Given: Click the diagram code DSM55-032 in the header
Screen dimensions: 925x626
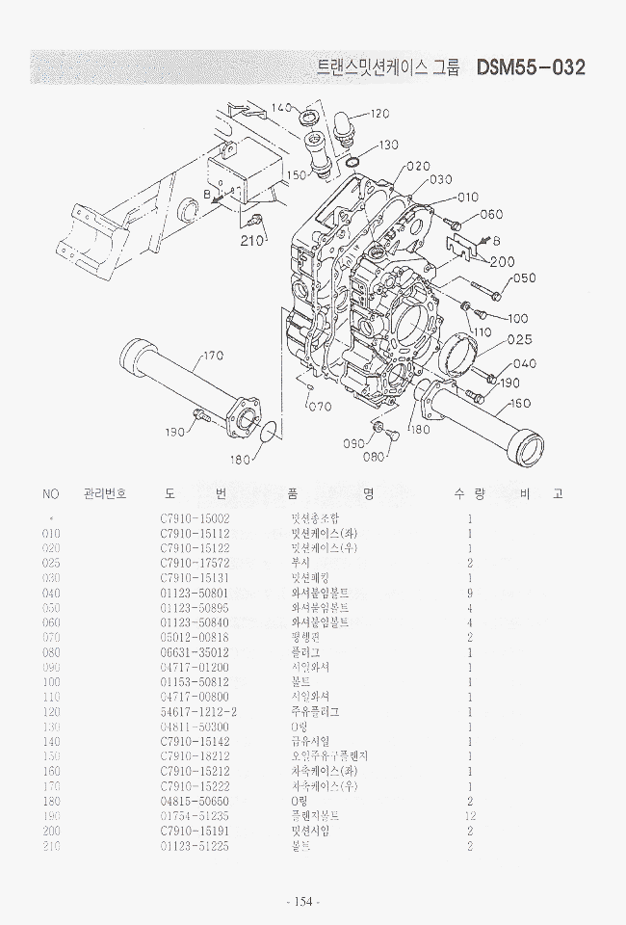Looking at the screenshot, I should (x=530, y=68).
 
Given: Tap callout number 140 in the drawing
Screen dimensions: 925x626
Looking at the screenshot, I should (x=280, y=108).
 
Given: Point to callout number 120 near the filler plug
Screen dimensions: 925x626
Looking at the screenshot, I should (x=378, y=114).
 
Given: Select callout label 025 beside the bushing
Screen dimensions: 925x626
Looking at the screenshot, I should (x=519, y=339).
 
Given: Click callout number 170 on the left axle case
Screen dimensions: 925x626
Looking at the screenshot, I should (x=212, y=357).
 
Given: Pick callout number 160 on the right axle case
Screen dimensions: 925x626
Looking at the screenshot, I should (x=521, y=404).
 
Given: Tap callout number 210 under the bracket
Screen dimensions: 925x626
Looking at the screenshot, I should (x=252, y=241).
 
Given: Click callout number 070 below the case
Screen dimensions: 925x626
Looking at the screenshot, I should (x=319, y=406).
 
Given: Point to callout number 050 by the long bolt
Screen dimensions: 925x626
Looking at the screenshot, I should (x=524, y=279).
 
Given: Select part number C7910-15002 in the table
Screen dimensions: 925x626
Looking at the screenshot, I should (x=195, y=517).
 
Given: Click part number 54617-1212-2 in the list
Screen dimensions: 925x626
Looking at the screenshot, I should (x=196, y=711).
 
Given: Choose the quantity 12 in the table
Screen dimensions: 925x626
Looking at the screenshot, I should (x=470, y=815).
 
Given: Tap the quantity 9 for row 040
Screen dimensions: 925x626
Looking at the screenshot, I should (x=470, y=593).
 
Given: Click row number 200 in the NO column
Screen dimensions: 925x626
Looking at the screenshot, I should (x=52, y=831).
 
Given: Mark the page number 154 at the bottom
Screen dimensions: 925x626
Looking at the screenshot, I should (x=302, y=901).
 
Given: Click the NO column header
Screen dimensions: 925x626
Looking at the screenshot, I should (x=51, y=494).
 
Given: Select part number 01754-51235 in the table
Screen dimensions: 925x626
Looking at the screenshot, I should (x=195, y=815).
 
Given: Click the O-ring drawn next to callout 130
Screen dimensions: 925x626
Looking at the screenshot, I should (x=353, y=161).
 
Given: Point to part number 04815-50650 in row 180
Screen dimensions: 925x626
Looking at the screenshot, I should (x=195, y=801).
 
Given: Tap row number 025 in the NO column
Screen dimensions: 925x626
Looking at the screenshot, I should (x=52, y=563).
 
